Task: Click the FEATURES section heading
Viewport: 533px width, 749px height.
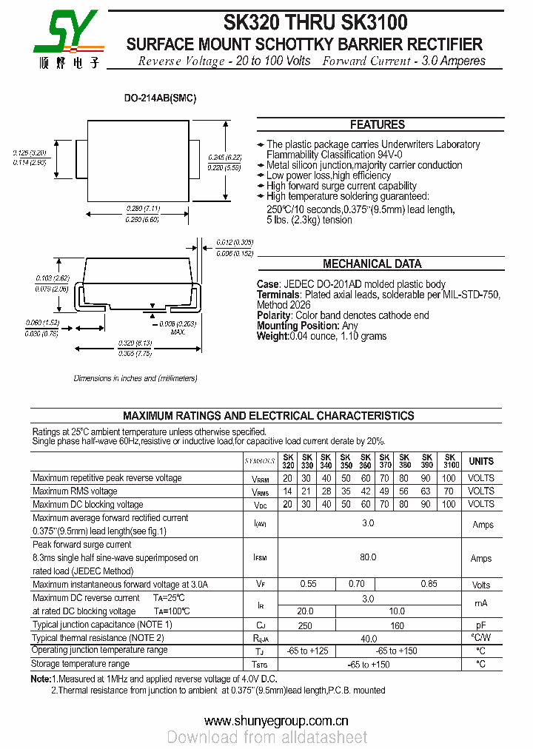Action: click(377, 124)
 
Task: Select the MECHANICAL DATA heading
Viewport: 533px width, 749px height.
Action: click(372, 263)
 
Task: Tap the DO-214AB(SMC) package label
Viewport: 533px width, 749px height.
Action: click(159, 98)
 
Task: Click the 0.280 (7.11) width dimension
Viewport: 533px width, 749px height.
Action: click(143, 209)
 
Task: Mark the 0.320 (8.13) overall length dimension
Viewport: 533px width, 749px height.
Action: click(135, 343)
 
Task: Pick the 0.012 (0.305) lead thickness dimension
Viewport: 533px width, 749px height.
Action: click(235, 243)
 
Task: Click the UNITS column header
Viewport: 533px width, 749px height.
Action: click(480, 461)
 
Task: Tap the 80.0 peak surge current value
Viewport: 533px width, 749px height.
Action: click(368, 557)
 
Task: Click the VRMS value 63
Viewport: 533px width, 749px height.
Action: click(426, 491)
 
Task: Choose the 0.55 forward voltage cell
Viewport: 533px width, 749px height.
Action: click(308, 584)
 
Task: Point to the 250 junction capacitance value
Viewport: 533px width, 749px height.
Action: click(305, 625)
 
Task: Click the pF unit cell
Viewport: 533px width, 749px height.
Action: click(480, 625)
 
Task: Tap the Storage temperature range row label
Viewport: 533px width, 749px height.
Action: click(81, 664)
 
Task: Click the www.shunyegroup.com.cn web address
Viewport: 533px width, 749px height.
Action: click(276, 721)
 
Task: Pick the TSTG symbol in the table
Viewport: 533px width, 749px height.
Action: click(260, 665)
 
